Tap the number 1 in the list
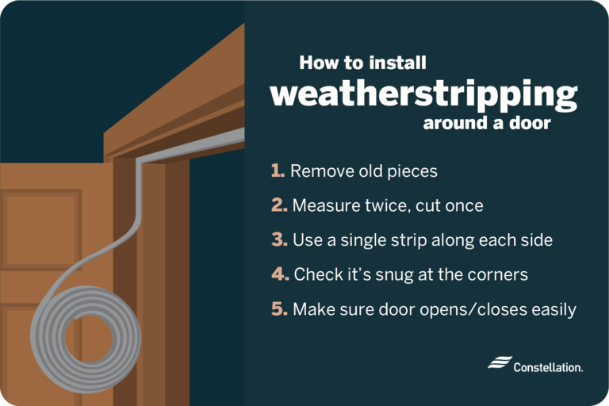(277, 170)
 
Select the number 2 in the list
(278, 205)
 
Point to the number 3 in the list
(278, 239)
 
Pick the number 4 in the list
(278, 274)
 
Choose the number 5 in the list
(278, 309)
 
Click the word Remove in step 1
(319, 170)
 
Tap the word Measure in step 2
(324, 205)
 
